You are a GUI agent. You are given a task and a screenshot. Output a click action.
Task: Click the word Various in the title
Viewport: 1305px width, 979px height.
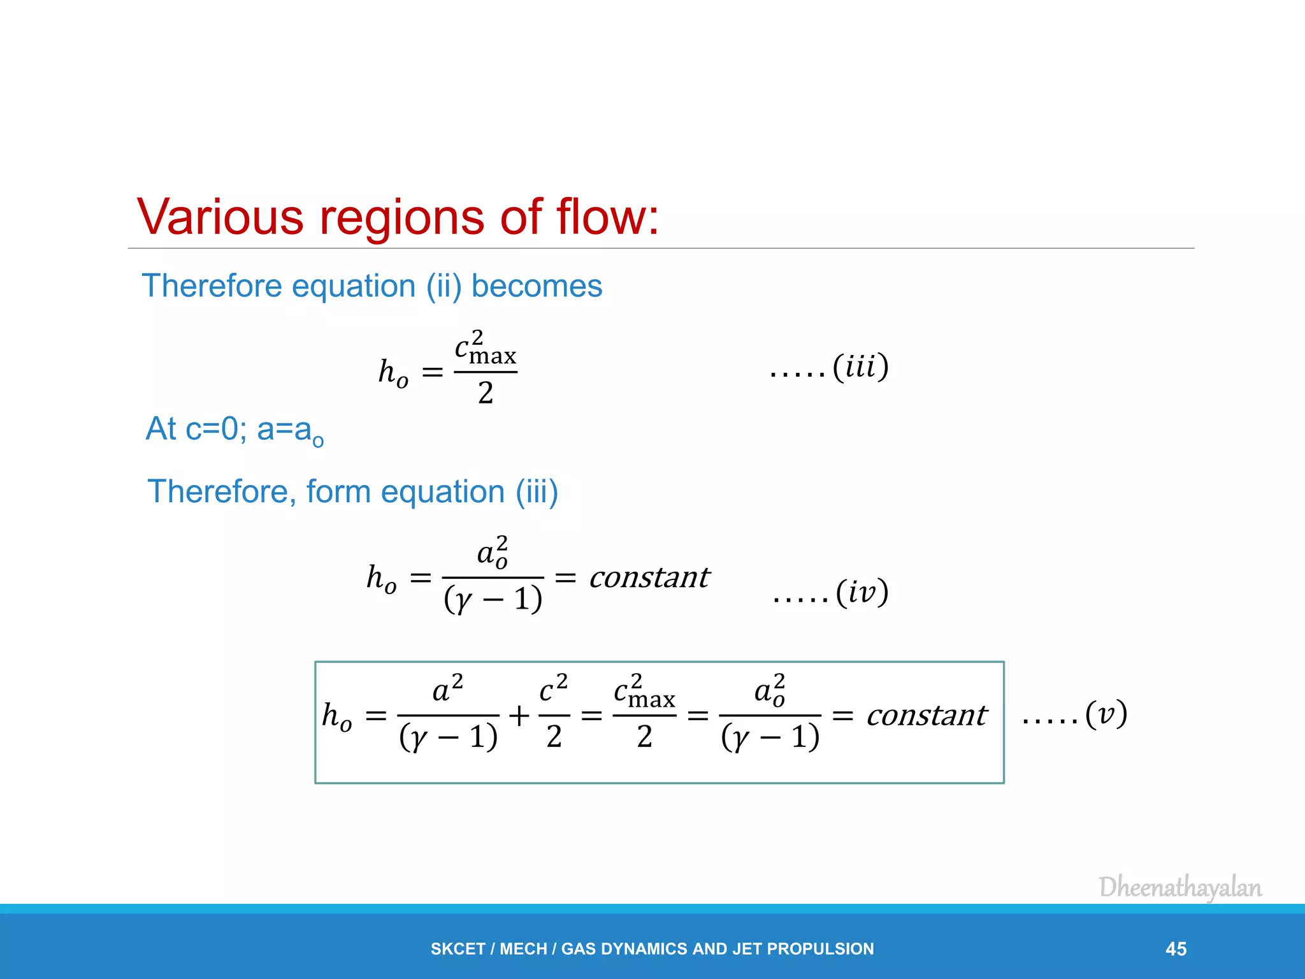[220, 217]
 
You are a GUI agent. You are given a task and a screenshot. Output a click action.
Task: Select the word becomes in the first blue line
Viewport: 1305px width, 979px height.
[537, 286]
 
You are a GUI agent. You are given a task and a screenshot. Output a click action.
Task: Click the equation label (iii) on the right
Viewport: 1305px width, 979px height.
[860, 367]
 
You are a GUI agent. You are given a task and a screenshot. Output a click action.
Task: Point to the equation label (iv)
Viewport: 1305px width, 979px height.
[862, 593]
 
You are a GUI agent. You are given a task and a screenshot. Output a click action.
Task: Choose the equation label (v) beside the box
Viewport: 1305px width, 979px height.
[1106, 714]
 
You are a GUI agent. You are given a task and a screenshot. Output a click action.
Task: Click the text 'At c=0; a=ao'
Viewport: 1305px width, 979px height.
[234, 430]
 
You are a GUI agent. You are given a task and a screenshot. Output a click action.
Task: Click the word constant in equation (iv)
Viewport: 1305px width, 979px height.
[649, 577]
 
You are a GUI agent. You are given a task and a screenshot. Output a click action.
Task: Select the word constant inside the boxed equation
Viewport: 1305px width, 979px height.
[926, 715]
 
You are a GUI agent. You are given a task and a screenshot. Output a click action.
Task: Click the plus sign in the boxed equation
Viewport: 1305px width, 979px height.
[519, 716]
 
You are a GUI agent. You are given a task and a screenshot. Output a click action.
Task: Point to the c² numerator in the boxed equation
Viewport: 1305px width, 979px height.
[553, 688]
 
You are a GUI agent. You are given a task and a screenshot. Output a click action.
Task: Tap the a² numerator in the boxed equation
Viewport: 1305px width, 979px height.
[447, 688]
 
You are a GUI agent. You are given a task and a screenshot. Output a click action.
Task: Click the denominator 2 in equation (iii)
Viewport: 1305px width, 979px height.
[486, 393]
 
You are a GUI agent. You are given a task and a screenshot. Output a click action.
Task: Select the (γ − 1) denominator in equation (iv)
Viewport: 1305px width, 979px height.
[493, 599]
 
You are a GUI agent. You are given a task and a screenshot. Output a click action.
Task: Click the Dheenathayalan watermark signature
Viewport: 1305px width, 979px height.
[1180, 887]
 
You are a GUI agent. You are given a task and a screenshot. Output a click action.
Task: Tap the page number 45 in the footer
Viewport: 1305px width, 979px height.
[1176, 949]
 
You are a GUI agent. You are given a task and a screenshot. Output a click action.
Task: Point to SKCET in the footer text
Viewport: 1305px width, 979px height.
[458, 949]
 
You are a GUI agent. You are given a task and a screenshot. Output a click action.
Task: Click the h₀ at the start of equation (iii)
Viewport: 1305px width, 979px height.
[393, 372]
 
